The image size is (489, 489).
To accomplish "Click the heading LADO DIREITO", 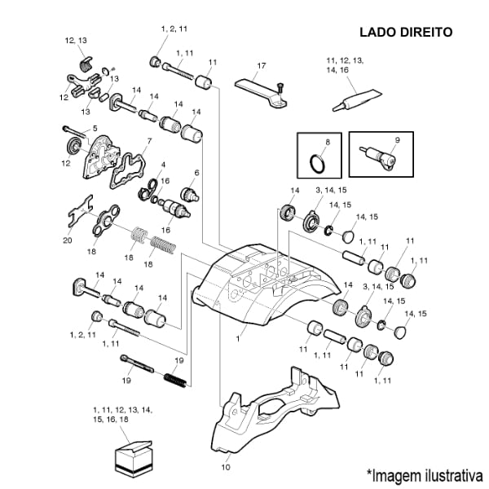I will (x=405, y=33).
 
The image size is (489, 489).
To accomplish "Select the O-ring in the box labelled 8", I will (x=319, y=163).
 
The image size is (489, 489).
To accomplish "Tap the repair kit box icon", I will (x=133, y=456).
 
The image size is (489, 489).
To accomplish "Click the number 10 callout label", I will (x=226, y=468).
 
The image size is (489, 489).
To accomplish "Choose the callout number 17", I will (x=262, y=65).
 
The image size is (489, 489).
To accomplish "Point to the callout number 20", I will (x=68, y=240).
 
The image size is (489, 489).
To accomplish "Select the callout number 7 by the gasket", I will (x=148, y=140).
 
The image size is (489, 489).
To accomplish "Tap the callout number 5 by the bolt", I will (x=95, y=128).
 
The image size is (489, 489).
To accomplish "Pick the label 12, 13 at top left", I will (x=76, y=40).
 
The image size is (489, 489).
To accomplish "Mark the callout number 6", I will (x=196, y=173).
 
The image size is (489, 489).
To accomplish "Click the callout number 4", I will (x=163, y=165).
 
